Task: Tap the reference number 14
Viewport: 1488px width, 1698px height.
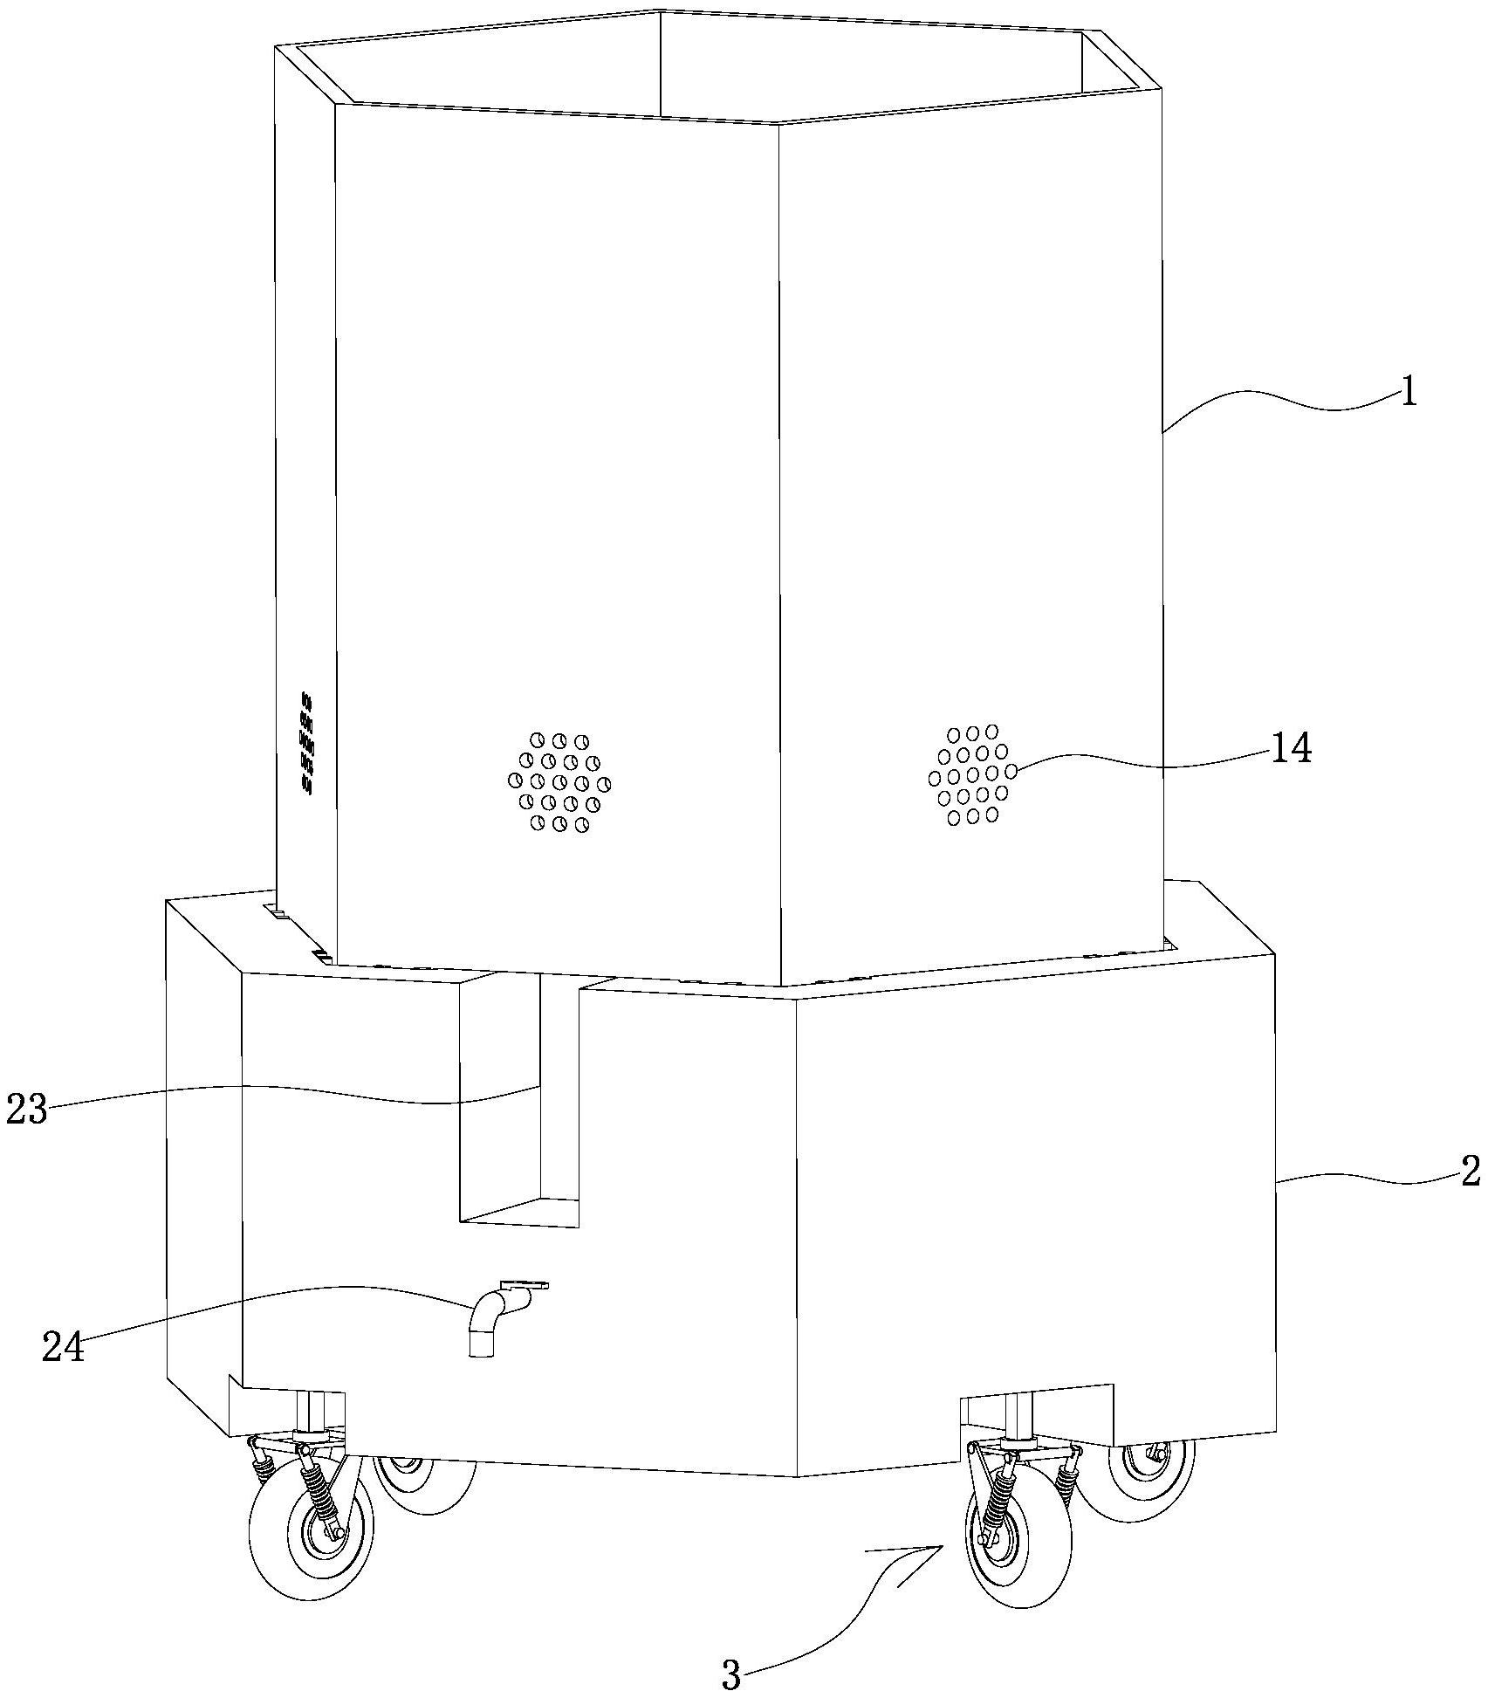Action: [1292, 749]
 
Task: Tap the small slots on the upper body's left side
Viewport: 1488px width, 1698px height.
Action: [306, 742]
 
